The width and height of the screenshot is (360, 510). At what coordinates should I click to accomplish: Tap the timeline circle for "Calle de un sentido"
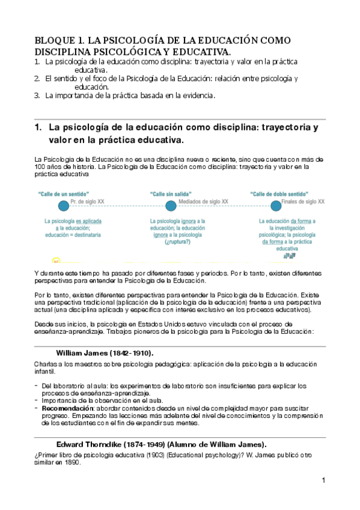click(63, 206)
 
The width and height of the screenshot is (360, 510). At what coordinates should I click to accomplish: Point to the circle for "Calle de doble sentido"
click(276, 206)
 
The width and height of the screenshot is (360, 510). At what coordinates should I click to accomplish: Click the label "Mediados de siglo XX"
click(203, 202)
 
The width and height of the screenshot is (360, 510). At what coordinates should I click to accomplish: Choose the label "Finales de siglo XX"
click(303, 202)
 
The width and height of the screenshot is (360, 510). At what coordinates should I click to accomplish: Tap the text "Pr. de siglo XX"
click(87, 202)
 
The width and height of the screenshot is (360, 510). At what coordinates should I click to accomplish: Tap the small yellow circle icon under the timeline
click(56, 262)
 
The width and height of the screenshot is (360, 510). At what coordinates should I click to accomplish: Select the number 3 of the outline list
click(37, 95)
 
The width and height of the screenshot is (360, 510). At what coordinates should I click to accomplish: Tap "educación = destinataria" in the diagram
click(73, 235)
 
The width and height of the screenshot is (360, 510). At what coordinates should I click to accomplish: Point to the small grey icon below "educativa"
click(289, 255)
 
